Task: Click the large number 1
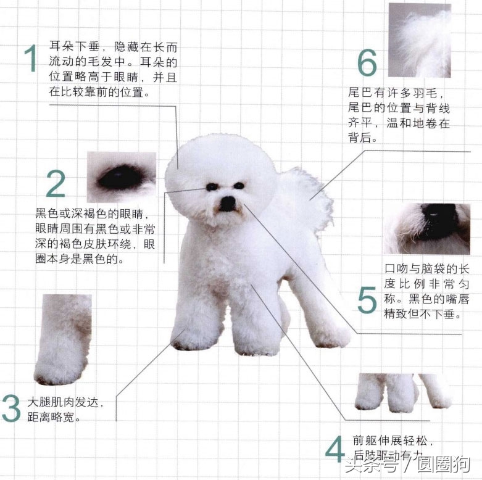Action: tap(31, 59)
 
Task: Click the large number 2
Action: tap(56, 183)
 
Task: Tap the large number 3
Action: tap(11, 408)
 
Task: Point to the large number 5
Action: tap(367, 300)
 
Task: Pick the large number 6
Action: tap(367, 62)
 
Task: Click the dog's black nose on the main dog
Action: tap(228, 202)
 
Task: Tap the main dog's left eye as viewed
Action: tap(212, 186)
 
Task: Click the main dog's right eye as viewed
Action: tap(239, 185)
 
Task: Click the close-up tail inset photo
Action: tap(420, 41)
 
